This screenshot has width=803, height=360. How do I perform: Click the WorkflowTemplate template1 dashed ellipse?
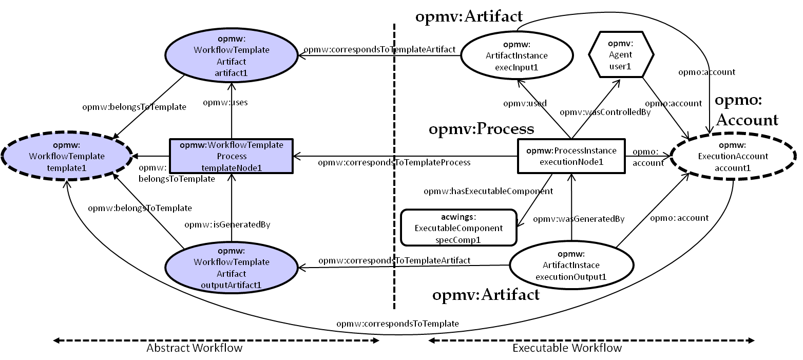[67, 156]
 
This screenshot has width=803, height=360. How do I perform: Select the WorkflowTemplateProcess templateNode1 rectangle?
[231, 156]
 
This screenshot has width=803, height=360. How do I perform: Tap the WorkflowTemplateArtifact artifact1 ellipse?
[231, 55]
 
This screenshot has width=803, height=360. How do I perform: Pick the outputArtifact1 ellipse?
[231, 268]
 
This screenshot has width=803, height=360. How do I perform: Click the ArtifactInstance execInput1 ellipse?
[517, 55]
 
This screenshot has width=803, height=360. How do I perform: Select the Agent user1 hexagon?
[621, 54]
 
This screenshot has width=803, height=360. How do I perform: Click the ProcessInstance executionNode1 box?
[571, 156]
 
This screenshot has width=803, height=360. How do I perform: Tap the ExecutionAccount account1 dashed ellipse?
[733, 156]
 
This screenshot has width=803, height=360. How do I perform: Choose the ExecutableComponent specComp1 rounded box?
[458, 228]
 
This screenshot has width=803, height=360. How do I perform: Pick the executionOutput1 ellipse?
[571, 266]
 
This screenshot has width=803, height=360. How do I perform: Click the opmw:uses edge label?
[225, 103]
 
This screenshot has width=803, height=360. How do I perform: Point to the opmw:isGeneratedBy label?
[227, 225]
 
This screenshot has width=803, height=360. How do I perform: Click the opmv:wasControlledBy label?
[605, 112]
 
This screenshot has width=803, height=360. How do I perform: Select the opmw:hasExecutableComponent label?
[488, 191]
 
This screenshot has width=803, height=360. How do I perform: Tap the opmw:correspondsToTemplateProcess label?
[394, 162]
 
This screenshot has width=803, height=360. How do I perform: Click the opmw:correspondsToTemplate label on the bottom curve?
[397, 324]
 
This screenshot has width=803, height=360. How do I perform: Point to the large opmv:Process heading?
[482, 129]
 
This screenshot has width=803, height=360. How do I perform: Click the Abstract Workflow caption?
[194, 348]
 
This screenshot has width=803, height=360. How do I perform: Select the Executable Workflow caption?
[567, 348]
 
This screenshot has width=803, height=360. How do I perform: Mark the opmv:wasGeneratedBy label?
[579, 219]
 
